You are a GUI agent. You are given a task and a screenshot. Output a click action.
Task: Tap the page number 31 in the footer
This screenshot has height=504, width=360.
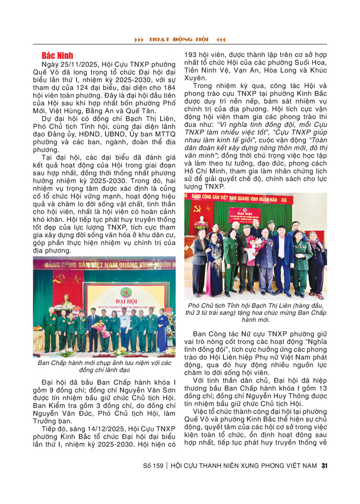coord(324,466)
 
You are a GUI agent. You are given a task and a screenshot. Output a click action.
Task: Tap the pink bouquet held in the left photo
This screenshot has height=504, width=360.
coord(98,327)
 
